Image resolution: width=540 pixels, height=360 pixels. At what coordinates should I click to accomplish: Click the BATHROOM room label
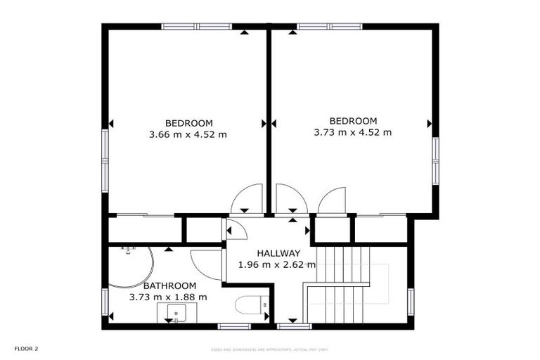click(169, 285)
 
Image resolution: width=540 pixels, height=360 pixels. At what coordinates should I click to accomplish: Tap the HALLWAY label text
click(278, 253)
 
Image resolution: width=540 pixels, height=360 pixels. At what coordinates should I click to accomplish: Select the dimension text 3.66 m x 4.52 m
click(188, 134)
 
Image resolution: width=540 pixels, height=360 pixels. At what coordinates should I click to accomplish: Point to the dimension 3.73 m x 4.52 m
click(352, 131)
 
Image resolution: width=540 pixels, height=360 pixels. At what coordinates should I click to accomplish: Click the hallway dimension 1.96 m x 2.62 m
click(277, 265)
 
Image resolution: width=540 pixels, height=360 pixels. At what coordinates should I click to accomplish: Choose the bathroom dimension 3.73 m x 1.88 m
click(168, 297)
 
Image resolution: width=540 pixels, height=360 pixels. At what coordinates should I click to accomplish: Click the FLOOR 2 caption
click(27, 348)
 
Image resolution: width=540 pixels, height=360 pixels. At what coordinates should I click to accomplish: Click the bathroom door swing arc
click(205, 263)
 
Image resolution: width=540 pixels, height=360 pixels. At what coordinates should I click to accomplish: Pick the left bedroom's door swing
click(246, 198)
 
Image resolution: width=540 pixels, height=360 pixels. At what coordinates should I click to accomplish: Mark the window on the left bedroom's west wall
click(105, 161)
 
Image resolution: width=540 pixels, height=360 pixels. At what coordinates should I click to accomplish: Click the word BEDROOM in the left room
click(188, 122)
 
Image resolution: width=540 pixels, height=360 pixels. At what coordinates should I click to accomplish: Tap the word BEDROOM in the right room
click(353, 120)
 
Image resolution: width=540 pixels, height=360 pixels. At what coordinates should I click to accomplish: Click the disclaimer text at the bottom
click(269, 349)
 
